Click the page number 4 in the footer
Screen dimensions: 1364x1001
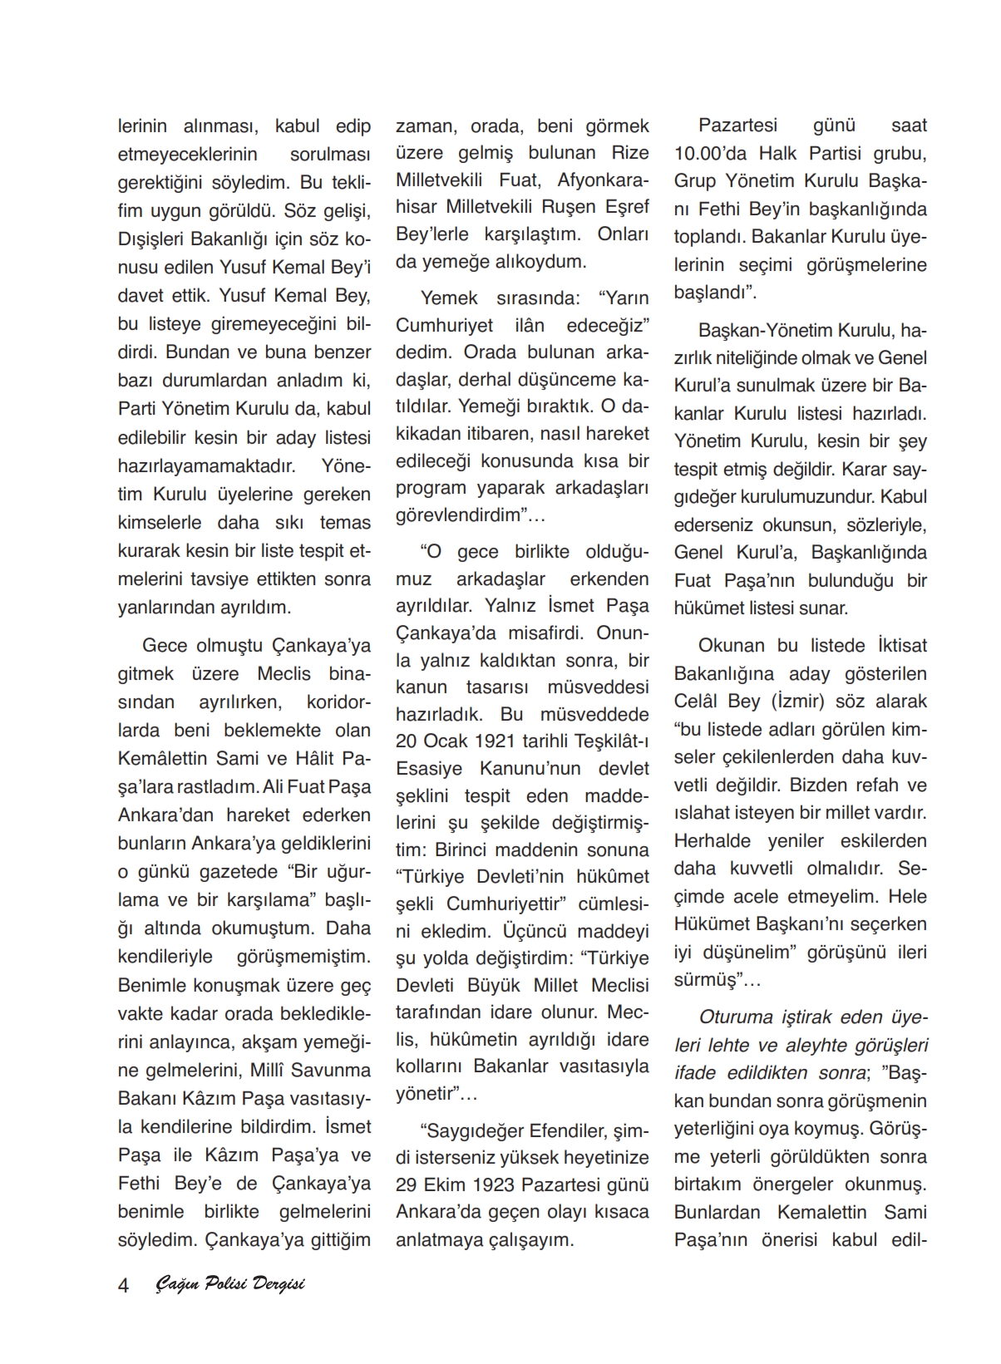pyautogui.click(x=124, y=1285)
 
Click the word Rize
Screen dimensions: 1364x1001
pyautogui.click(x=630, y=153)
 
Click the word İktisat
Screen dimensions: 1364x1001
pyautogui.click(x=901, y=646)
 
